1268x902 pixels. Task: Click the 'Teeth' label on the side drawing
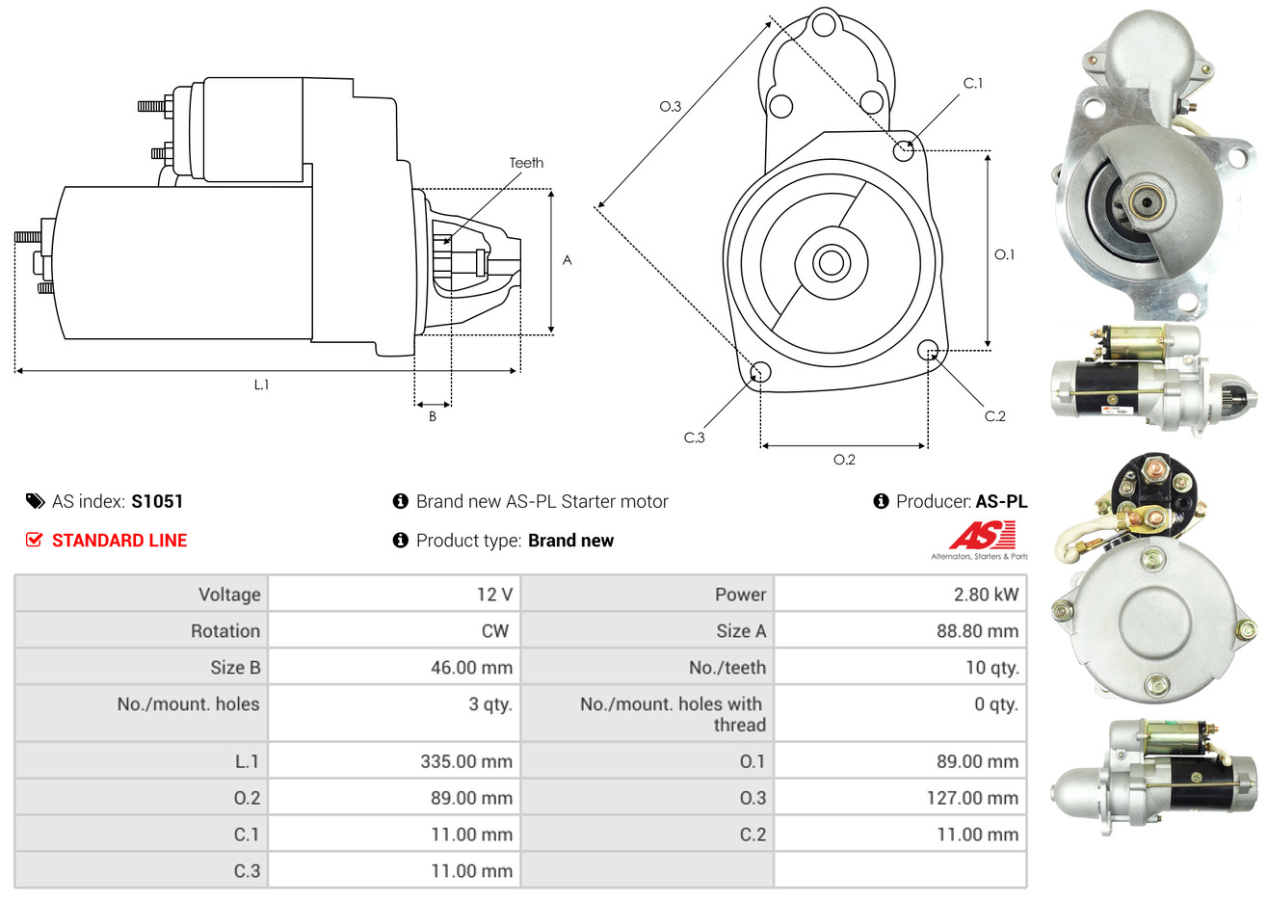[526, 163]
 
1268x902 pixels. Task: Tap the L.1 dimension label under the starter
[261, 385]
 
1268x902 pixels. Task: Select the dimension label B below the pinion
[433, 416]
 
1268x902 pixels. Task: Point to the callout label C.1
[972, 83]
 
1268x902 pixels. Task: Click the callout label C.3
[694, 438]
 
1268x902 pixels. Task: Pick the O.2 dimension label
[844, 460]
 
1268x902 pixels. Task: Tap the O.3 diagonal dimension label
[670, 106]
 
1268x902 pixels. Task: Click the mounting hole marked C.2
[928, 350]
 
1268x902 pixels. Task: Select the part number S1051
[157, 502]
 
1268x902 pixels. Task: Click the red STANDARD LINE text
[119, 541]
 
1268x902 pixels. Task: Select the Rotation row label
[225, 631]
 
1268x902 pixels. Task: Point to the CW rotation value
[495, 631]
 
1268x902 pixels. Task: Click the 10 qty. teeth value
[992, 668]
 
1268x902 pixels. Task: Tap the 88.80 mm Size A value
[978, 631]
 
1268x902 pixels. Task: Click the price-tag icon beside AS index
[35, 502]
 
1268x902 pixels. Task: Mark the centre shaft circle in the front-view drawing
[831, 263]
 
